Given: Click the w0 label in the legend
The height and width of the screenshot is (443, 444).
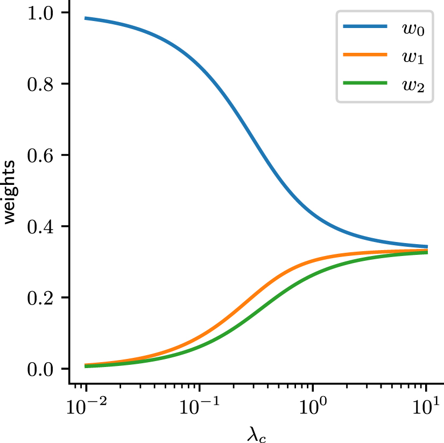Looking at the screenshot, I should [413, 29].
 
